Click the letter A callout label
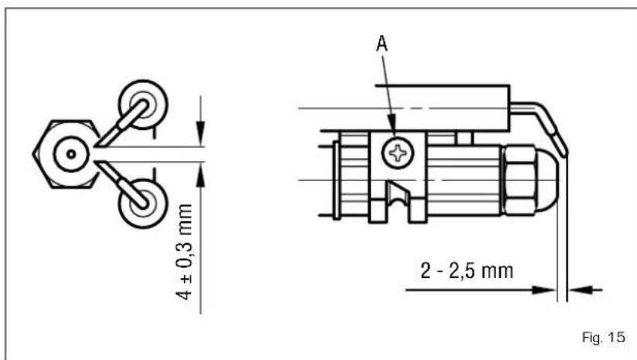[382, 43]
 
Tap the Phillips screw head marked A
[398, 153]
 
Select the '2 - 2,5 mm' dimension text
[467, 271]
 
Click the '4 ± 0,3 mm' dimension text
[184, 252]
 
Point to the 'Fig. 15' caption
[604, 337]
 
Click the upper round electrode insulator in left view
[143, 105]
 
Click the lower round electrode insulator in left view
[143, 204]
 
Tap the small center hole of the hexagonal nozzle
[71, 154]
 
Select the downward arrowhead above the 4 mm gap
[200, 133]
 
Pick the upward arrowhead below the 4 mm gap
[200, 175]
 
